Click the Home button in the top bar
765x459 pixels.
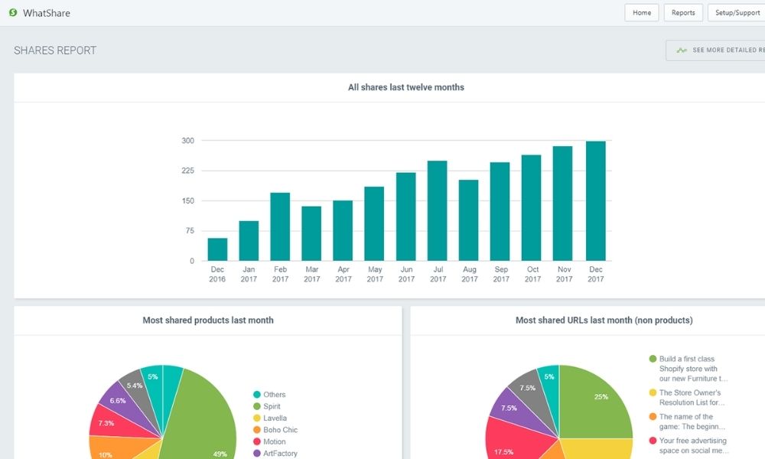click(x=641, y=13)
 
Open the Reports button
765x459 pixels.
click(x=683, y=13)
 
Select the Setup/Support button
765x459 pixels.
click(x=736, y=13)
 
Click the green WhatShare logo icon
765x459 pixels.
click(x=13, y=13)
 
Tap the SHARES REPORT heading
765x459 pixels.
click(x=55, y=51)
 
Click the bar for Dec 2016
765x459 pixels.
click(x=217, y=249)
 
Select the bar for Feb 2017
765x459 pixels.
click(x=280, y=226)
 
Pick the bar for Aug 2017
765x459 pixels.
click(x=469, y=220)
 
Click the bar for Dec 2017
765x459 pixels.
click(x=595, y=201)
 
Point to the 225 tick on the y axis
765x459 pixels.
click(x=187, y=171)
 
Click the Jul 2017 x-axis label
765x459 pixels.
click(x=438, y=274)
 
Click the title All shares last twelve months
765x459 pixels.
click(x=405, y=87)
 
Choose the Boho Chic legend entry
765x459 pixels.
click(x=280, y=430)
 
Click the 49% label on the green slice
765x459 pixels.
click(x=220, y=454)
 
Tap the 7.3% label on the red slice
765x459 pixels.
click(x=106, y=423)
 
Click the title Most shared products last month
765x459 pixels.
click(x=207, y=321)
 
